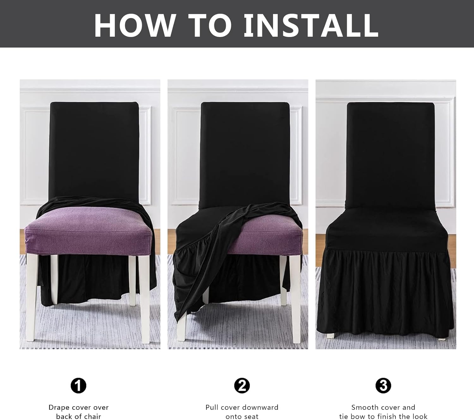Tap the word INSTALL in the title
311,25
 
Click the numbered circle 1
78,386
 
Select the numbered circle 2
242,386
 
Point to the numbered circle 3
383,386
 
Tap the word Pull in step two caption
212,407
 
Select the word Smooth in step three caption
365,407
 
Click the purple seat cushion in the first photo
88,231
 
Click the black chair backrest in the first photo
94,152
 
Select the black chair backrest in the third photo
390,152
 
